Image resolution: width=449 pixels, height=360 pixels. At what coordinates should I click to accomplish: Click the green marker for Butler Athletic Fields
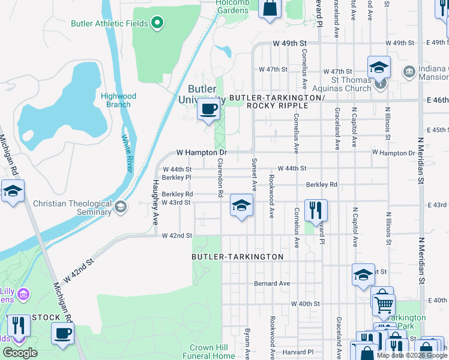158,23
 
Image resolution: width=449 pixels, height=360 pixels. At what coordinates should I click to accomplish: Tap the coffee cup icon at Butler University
208,110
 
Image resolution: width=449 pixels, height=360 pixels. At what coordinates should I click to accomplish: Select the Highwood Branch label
118,100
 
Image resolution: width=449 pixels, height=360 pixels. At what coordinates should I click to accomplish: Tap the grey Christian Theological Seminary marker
121,208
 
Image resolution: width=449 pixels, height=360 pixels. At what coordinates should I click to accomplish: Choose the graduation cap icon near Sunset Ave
241,206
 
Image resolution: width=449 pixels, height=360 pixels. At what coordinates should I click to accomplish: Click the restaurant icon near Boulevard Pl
316,211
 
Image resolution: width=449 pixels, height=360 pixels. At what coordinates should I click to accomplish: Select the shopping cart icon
383,304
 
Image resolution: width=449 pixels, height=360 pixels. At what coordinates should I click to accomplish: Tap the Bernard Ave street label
272,283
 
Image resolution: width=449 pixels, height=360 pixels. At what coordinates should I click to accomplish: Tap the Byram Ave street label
247,340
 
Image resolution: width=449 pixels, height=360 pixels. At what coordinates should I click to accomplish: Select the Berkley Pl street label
176,178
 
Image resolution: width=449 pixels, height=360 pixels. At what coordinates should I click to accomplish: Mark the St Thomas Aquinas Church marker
381,84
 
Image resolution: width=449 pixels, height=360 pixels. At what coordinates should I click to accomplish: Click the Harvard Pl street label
298,352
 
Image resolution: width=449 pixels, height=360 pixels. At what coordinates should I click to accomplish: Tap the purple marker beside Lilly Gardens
23,294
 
